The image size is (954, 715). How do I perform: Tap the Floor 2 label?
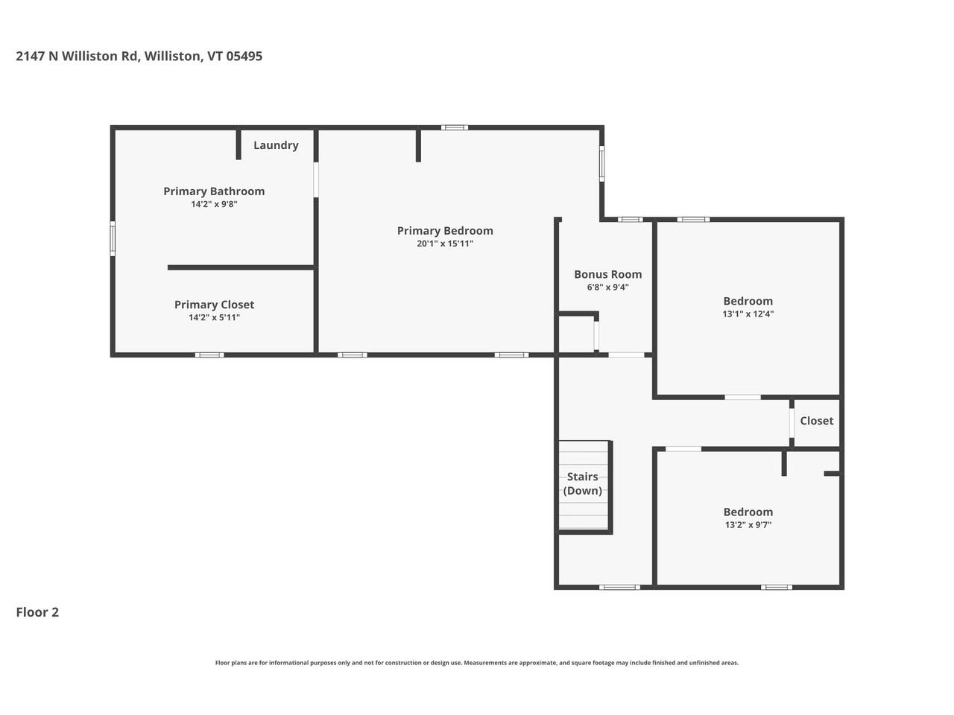click(x=37, y=612)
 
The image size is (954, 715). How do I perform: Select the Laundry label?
click(x=276, y=145)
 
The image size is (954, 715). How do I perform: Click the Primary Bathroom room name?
click(x=214, y=191)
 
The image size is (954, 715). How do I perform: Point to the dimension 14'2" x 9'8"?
click(x=214, y=204)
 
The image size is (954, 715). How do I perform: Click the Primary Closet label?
click(x=214, y=305)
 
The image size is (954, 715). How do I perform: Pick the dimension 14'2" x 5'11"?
click(x=214, y=317)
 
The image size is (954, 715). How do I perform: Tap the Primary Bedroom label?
click(x=445, y=231)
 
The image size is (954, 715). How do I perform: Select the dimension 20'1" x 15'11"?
click(x=445, y=244)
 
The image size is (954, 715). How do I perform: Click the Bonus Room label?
click(x=607, y=274)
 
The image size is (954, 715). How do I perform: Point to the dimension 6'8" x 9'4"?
click(x=607, y=287)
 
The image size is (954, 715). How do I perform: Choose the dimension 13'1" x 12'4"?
click(x=748, y=314)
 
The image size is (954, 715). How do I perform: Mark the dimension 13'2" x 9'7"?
click(x=748, y=524)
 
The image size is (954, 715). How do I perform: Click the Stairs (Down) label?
click(x=582, y=483)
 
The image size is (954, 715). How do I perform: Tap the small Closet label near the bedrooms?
click(x=816, y=421)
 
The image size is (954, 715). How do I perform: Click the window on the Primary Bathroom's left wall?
click(x=113, y=238)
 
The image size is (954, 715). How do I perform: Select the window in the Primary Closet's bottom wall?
click(x=209, y=355)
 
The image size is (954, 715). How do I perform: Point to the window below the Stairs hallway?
click(x=620, y=587)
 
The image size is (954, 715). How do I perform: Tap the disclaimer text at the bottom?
click(x=477, y=663)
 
